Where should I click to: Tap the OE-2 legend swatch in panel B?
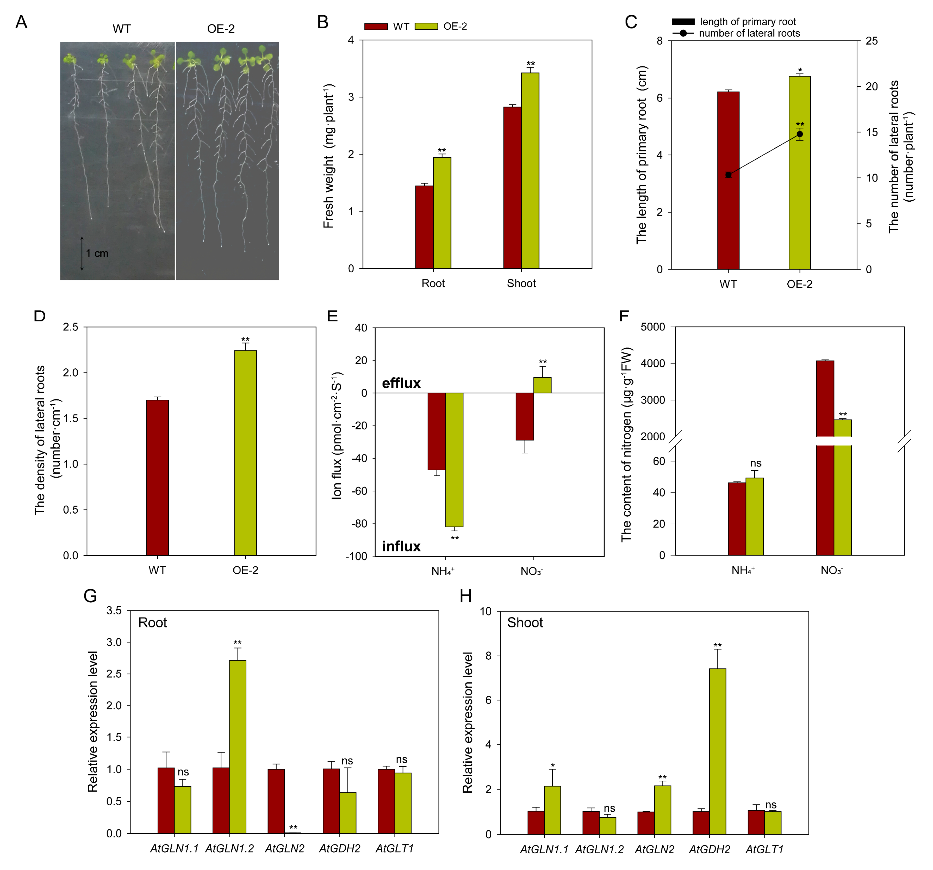point(427,26)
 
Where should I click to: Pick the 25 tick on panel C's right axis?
point(872,41)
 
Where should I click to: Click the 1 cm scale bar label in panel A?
point(97,254)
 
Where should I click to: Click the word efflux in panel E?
point(401,383)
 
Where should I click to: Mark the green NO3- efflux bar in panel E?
point(542,385)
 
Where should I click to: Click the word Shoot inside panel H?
point(525,622)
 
